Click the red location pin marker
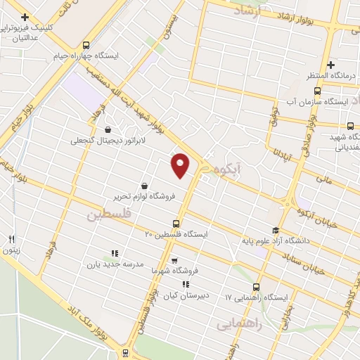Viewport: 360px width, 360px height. tap(181, 165)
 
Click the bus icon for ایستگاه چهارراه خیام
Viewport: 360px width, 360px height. tap(86, 44)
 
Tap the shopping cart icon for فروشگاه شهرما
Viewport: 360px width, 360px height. tap(174, 260)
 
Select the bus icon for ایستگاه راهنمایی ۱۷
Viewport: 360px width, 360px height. tap(255, 286)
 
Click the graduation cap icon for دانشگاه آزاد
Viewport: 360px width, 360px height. tap(276, 230)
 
